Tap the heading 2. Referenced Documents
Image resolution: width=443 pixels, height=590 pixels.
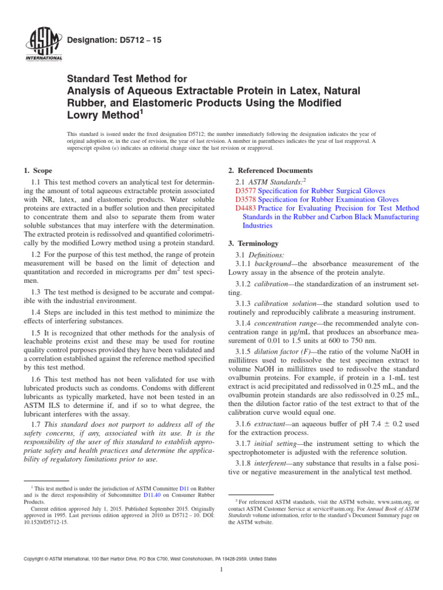pos(271,171)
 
